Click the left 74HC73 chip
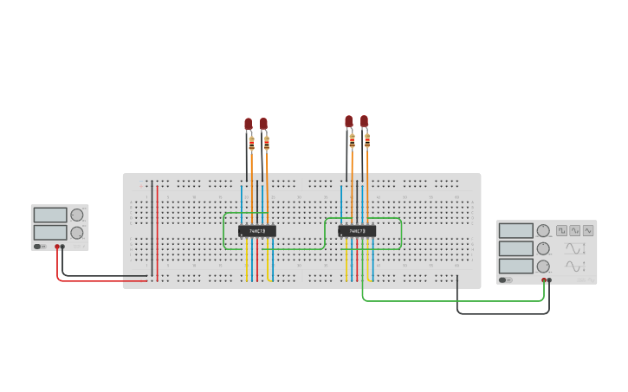256,231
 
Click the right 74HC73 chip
357,231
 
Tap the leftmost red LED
249,125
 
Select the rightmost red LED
365,121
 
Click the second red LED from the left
263,124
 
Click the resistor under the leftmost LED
251,144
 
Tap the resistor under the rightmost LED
367,139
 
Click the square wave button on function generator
561,231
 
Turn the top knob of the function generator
543,230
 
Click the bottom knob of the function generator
543,267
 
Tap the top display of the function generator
516,230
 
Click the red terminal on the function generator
544,280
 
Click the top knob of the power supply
77,215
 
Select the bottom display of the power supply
50,232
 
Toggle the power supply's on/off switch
38,247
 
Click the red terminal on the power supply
58,247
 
